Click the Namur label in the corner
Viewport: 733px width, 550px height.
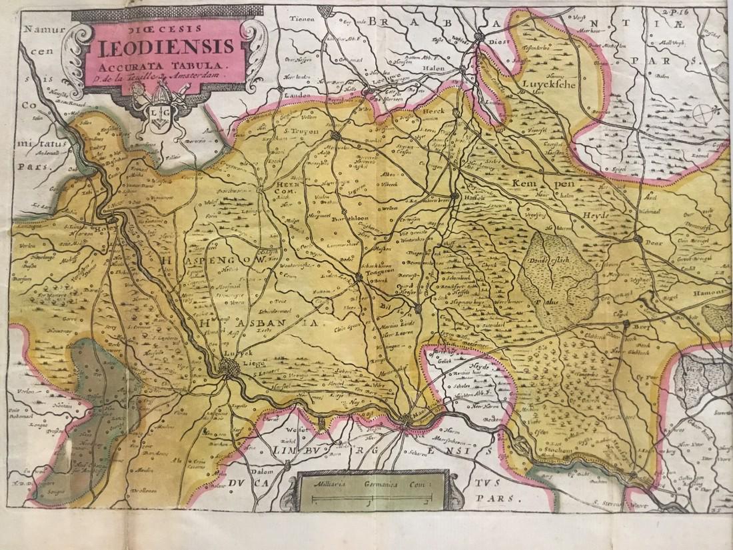pyautogui.click(x=35, y=29)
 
